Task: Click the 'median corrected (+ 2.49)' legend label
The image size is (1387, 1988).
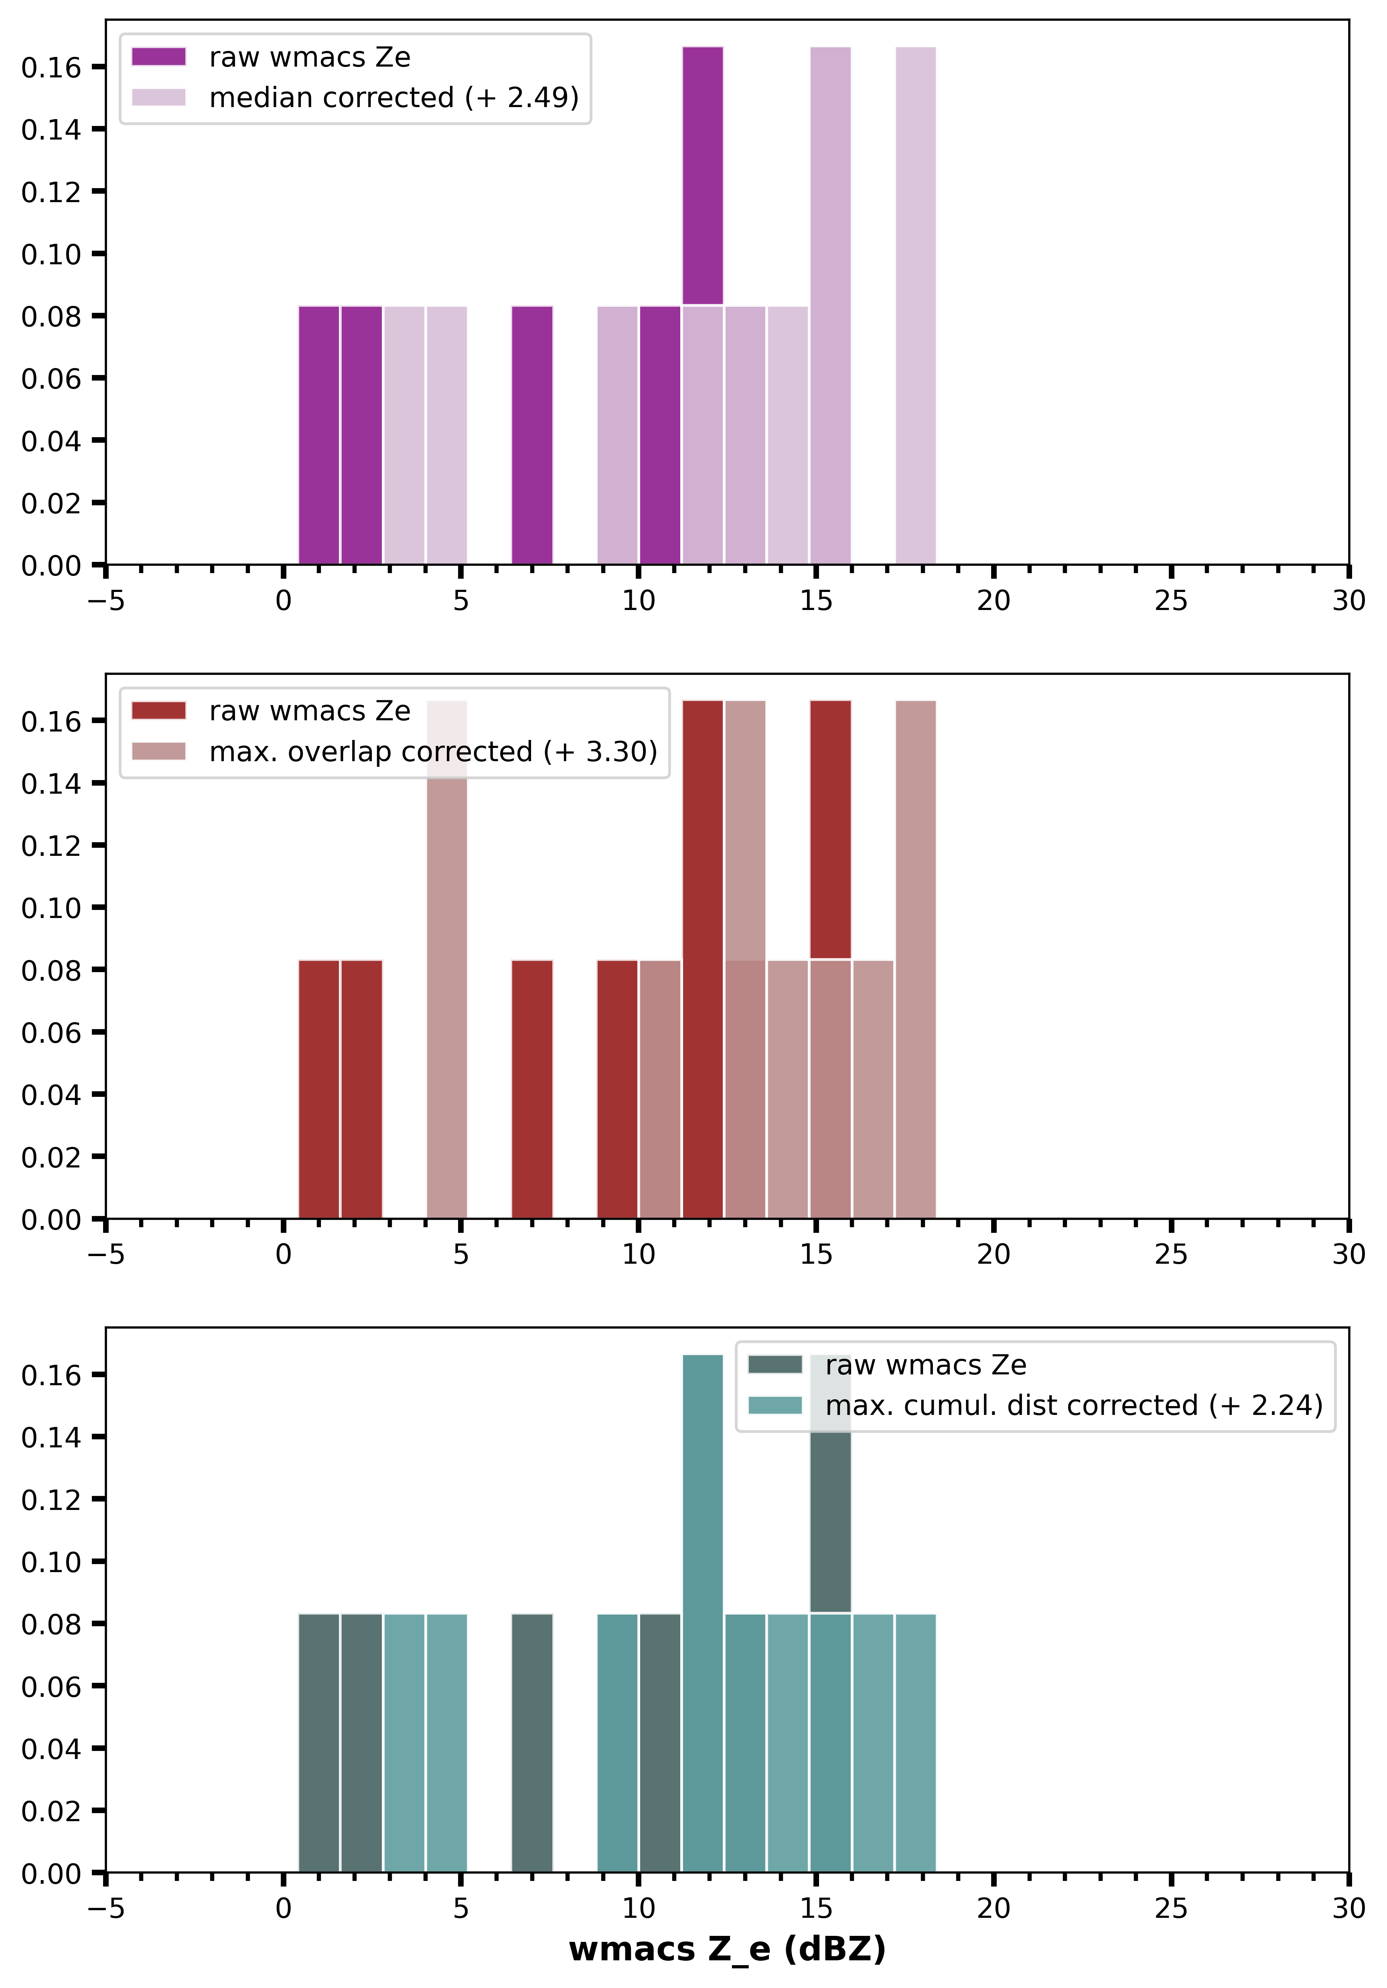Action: [394, 97]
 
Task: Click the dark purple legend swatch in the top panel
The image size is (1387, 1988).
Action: [158, 57]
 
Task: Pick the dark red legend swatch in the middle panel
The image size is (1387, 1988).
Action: [158, 711]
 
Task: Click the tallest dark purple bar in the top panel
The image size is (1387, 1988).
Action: [702, 173]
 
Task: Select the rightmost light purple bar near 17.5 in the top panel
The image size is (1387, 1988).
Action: [915, 303]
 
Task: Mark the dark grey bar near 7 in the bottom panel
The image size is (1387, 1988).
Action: [531, 1741]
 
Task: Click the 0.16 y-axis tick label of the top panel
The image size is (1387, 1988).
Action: [50, 67]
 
